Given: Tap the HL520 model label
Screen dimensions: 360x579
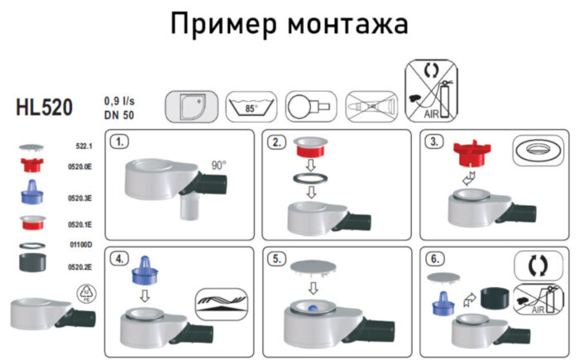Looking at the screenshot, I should click(x=45, y=108).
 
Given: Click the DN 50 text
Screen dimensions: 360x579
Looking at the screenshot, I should click(x=120, y=115).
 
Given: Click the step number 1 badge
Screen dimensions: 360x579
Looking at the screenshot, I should click(x=122, y=142).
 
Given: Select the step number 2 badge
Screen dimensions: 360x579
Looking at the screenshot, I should click(x=279, y=142).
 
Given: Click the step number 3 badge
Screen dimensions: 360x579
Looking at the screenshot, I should click(x=434, y=142).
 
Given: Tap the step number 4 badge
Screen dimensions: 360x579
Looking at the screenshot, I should click(x=122, y=259).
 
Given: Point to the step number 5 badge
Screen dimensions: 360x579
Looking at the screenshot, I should click(x=279, y=259).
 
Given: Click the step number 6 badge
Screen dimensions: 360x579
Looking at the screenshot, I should click(x=434, y=259).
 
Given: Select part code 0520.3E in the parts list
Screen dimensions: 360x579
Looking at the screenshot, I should click(x=80, y=197).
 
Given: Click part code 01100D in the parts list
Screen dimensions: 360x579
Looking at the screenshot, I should click(x=80, y=244).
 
